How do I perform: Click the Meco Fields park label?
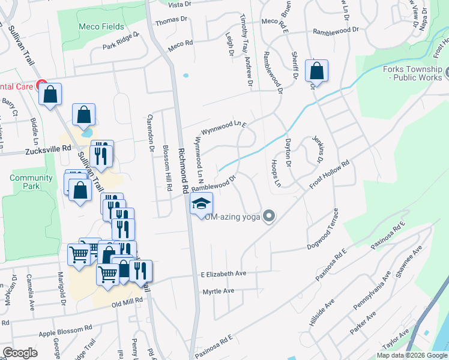pos(101,27)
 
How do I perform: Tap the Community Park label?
pos(31,182)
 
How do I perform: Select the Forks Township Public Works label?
pos(412,74)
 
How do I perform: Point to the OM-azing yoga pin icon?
pos(270,216)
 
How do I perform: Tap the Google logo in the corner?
pos(20,353)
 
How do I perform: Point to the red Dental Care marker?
pos(41,85)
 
